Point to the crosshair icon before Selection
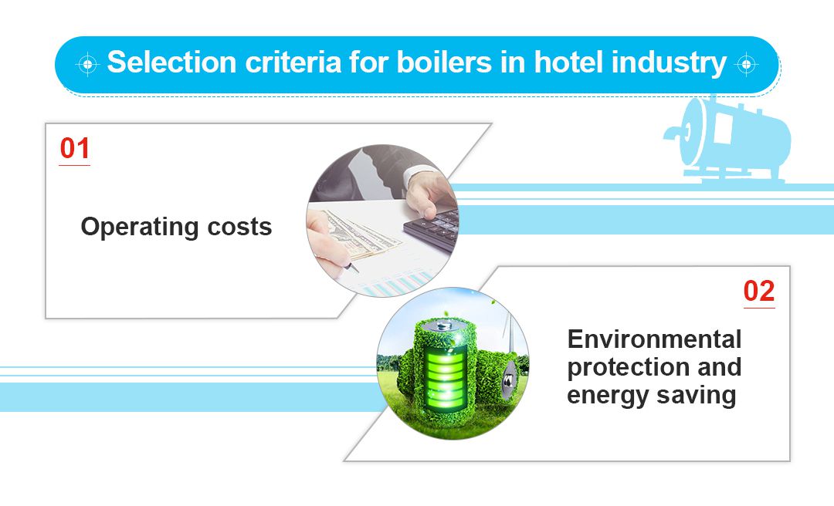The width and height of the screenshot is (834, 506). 88,64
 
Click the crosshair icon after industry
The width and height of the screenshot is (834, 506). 746,64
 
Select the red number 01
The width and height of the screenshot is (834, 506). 75,149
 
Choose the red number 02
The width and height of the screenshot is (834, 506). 759,292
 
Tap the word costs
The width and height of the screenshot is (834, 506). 240,228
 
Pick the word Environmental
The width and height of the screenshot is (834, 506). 654,339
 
